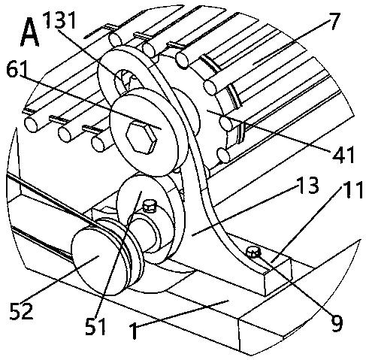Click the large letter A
click(x=30, y=34)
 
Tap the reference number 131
click(x=59, y=20)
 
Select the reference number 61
click(x=17, y=69)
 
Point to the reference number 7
click(x=334, y=21)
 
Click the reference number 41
click(x=343, y=154)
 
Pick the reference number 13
click(x=307, y=185)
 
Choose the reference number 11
click(x=352, y=189)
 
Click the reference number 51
click(x=95, y=326)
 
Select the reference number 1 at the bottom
click(x=134, y=331)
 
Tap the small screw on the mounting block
click(x=253, y=252)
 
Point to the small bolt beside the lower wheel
click(x=150, y=206)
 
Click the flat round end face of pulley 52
click(x=98, y=261)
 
